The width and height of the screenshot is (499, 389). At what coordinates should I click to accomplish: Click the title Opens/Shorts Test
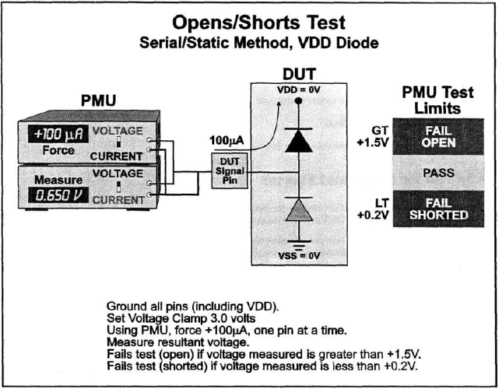tap(259, 22)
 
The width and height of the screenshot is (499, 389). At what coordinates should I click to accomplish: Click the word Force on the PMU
tap(58, 150)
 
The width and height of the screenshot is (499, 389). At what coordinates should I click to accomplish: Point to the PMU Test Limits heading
tap(437, 100)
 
